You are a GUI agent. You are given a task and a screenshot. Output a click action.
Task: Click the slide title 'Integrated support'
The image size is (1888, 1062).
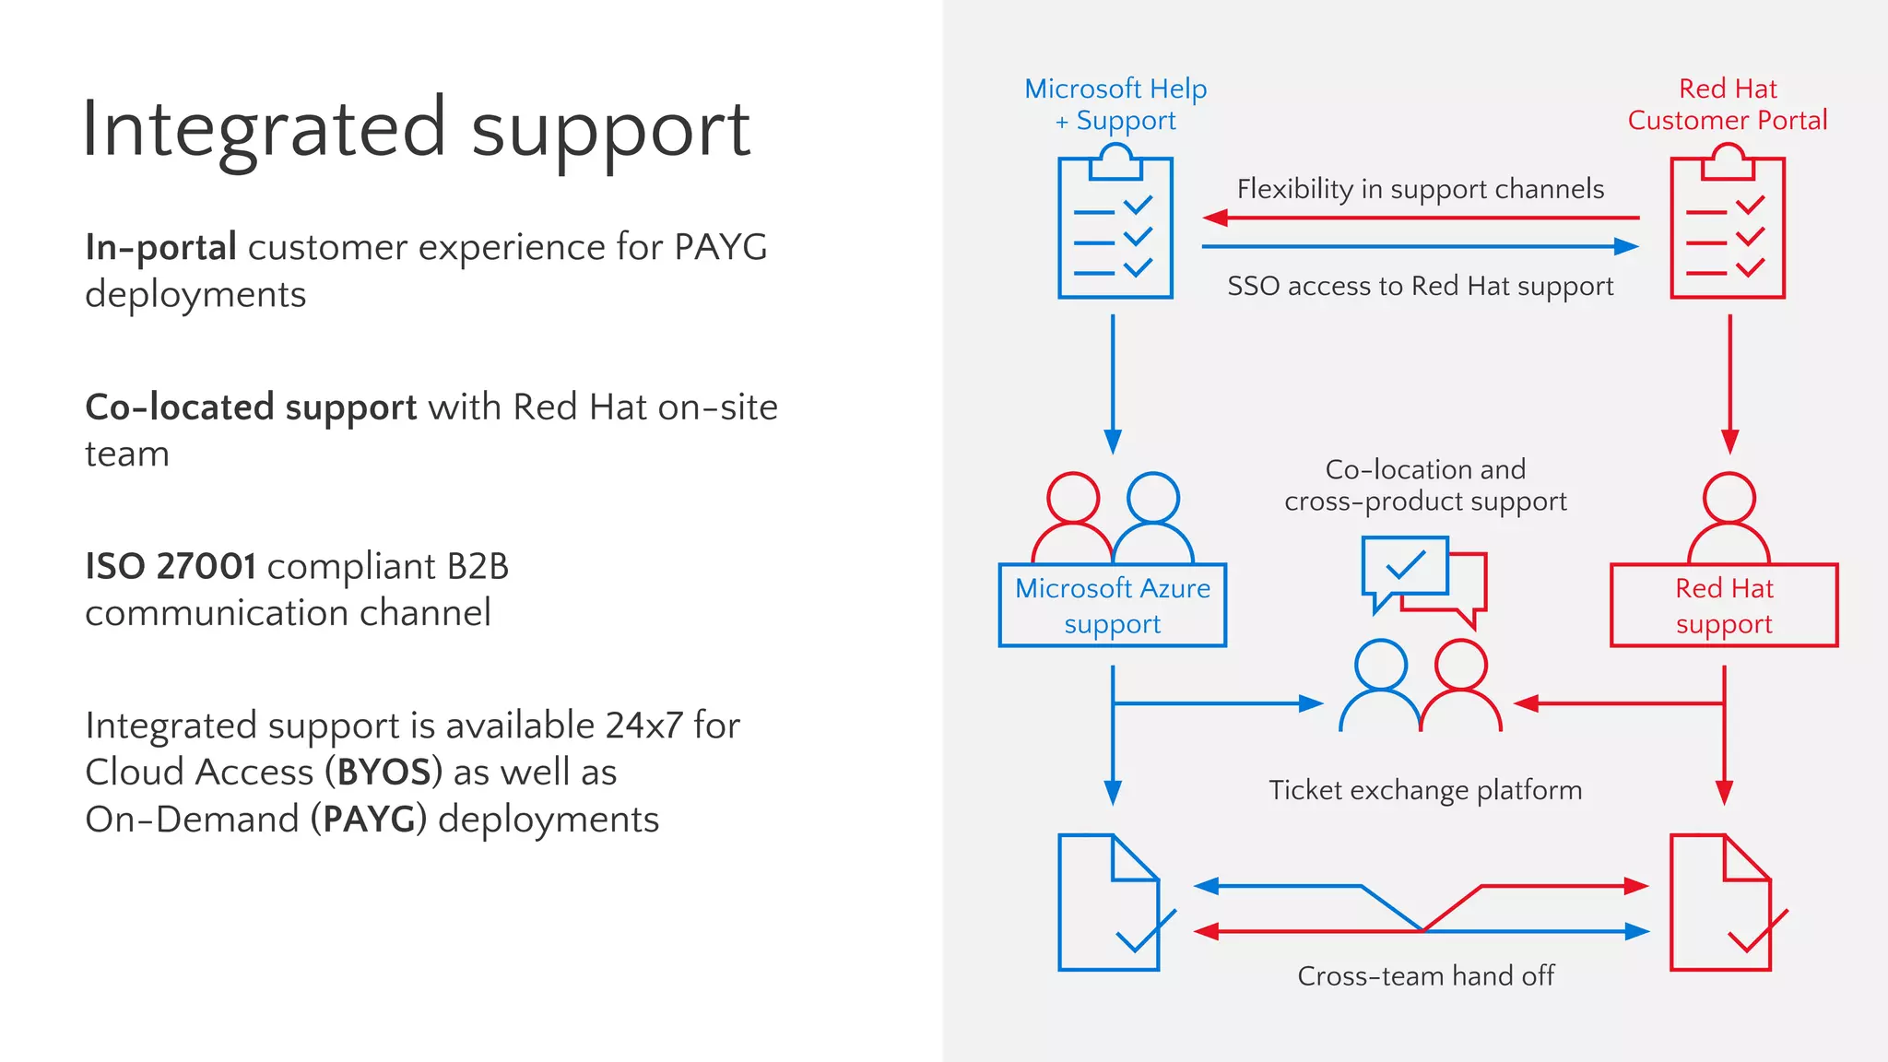(x=417, y=129)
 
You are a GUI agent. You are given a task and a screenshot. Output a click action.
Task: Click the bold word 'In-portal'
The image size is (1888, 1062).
(x=161, y=247)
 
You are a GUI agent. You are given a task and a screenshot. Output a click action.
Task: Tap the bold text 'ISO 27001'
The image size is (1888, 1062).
(x=171, y=566)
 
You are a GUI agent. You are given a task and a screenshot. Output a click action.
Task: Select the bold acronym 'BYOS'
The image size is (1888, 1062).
(x=383, y=773)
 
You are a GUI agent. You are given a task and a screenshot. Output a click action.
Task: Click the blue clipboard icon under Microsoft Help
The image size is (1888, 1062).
(x=1115, y=227)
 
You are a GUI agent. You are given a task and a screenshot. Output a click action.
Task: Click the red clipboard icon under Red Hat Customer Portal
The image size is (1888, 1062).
(x=1728, y=227)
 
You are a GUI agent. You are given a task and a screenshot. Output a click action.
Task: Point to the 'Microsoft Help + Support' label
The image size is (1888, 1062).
(x=1115, y=104)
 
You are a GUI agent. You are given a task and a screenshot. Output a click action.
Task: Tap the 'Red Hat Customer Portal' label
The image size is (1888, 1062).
(x=1728, y=104)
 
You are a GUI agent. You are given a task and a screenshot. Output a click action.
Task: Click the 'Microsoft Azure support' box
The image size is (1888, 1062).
(x=1113, y=606)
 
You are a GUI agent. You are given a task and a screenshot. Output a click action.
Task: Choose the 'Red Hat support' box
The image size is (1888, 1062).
(x=1724, y=606)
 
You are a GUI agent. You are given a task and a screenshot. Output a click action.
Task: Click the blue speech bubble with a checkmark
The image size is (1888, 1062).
(x=1404, y=567)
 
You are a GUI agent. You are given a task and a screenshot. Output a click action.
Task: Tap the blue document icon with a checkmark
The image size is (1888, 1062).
(x=1110, y=903)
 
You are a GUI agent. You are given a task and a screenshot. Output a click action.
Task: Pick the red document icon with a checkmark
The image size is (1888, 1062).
(x=1722, y=903)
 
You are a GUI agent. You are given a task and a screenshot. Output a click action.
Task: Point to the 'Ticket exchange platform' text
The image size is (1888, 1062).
(x=1425, y=790)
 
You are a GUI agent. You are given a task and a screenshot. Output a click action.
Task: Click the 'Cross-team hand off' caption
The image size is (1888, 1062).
(x=1425, y=975)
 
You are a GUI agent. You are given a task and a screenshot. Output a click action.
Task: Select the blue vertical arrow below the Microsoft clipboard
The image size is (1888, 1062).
(x=1113, y=383)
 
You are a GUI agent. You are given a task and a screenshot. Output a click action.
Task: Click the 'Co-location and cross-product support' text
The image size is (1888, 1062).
(x=1425, y=485)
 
